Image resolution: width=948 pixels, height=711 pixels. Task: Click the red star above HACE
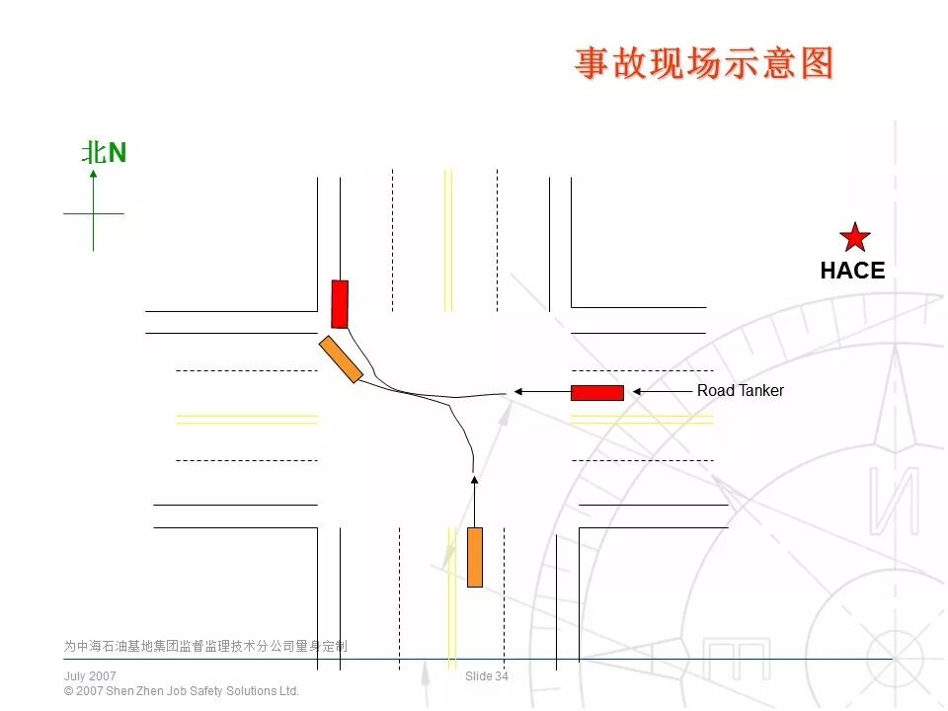pos(854,237)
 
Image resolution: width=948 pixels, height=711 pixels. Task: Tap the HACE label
pos(852,271)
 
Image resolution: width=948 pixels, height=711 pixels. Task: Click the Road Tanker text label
pos(740,391)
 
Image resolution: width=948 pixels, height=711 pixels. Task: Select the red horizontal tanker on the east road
pos(597,393)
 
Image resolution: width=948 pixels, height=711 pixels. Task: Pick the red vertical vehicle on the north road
pos(340,303)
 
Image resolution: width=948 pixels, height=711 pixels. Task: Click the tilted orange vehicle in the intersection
pos(341,359)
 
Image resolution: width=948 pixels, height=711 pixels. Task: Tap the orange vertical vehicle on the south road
pos(475,557)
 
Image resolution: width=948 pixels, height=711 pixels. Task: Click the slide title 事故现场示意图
pos(705,63)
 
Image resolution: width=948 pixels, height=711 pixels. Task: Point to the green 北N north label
pos(104,153)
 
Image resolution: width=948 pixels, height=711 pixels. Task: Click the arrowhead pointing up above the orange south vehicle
pos(474,481)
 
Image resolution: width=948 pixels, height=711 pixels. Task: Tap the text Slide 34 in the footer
pos(487,676)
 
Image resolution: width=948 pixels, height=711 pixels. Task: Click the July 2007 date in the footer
pos(90,676)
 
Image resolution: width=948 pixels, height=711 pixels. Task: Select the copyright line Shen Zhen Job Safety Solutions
pos(181,691)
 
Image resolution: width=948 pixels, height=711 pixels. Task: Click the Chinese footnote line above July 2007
pos(205,647)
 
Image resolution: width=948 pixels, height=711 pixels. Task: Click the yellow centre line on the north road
pos(448,237)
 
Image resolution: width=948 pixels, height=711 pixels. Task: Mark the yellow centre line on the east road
pos(642,419)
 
